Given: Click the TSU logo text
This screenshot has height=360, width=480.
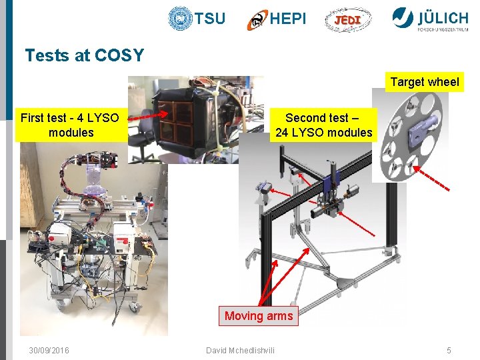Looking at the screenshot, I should [210, 19].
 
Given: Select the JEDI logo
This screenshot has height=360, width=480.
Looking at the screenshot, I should [347, 20].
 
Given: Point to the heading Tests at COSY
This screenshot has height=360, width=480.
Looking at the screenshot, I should [85, 55].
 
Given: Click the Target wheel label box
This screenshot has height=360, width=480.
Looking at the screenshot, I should [425, 82].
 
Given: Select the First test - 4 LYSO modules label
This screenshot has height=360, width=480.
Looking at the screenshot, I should [70, 125].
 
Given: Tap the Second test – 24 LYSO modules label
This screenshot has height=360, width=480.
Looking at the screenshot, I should [323, 125].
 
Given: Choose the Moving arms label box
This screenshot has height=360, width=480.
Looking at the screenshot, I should [259, 316].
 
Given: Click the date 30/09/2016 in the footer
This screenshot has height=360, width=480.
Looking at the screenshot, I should [49, 351].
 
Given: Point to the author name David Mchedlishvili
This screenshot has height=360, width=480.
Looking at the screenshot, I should [239, 351].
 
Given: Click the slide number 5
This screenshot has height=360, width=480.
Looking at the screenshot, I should [449, 351].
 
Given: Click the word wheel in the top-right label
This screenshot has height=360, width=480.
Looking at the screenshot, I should [443, 82].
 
